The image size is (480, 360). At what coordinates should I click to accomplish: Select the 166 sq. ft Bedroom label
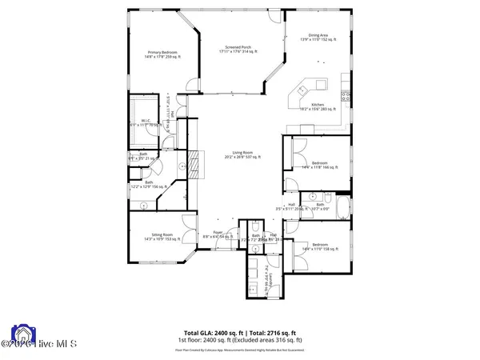click(319, 166)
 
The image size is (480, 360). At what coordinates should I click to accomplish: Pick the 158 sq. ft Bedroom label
click(319, 246)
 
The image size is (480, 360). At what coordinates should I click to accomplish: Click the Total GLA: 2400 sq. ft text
click(210, 332)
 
